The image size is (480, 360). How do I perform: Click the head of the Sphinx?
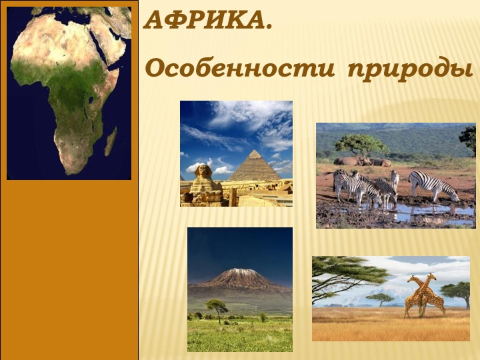point(200,172)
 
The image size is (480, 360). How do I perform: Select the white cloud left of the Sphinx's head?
point(197,164)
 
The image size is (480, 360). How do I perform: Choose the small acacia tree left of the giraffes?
point(381,297)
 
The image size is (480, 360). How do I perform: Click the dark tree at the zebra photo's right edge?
point(469,139)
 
